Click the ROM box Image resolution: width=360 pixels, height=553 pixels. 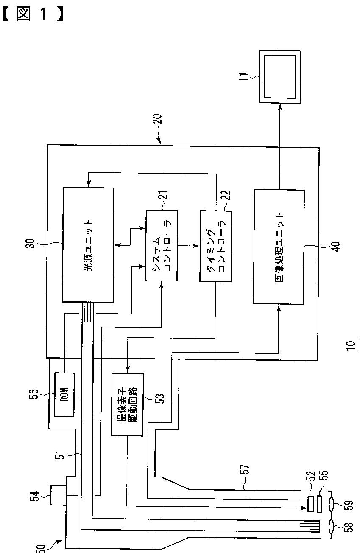tap(64, 389)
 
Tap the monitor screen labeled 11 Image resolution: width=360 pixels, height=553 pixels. tap(280, 76)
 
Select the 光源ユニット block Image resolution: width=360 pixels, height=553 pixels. tap(88, 245)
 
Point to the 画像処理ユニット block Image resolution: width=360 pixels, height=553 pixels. tap(279, 247)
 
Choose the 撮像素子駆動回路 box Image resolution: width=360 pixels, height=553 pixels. tap(127, 404)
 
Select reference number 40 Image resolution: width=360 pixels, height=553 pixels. tap(335, 247)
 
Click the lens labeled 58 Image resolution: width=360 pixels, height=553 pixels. tap(335, 528)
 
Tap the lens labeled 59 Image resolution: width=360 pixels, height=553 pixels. tap(335, 505)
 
